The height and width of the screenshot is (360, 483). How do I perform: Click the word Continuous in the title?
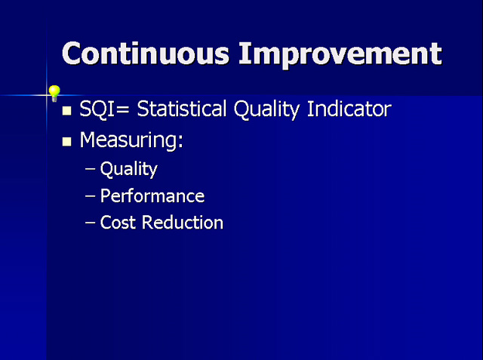coord(146,54)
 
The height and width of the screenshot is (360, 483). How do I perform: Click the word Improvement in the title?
coord(340,55)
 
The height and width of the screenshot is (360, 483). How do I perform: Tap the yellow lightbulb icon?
coord(54,94)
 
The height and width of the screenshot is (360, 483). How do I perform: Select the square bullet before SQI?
coord(66,110)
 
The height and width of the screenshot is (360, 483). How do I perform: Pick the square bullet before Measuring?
coord(66,141)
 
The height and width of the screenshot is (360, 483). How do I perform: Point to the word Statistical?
coord(181,109)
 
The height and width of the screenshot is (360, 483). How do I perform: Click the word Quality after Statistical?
coord(266,110)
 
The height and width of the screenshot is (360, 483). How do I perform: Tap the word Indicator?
coord(349,109)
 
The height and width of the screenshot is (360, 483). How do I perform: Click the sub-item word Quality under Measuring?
coord(129,170)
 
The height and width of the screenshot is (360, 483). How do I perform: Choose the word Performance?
coord(152,196)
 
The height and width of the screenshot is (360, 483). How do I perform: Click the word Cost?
coord(118,223)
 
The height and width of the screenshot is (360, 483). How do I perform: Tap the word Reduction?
coord(183,222)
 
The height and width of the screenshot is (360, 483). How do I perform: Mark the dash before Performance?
coord(90,196)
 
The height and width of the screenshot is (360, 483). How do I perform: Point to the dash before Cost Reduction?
coord(90,222)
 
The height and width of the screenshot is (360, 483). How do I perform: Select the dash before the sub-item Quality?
coord(90,169)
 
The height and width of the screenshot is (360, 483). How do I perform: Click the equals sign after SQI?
coord(123,110)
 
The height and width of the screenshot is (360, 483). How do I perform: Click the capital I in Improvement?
coord(245,54)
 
